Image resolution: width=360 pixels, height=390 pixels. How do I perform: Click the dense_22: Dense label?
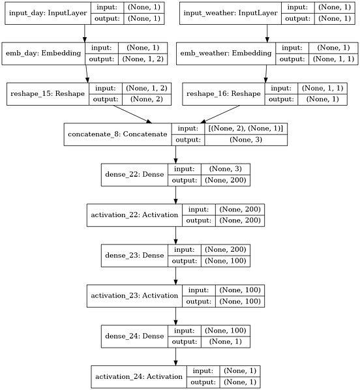click(x=134, y=174)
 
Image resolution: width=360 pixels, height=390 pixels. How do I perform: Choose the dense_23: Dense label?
click(x=134, y=255)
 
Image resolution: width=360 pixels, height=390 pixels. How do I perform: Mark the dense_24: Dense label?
click(x=134, y=336)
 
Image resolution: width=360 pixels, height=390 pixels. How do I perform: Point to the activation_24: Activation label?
click(x=139, y=376)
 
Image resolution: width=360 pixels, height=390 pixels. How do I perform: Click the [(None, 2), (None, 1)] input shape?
click(x=247, y=128)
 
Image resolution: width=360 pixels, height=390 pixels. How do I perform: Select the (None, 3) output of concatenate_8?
click(x=247, y=140)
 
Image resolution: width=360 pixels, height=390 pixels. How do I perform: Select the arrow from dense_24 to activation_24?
click(x=175, y=356)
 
